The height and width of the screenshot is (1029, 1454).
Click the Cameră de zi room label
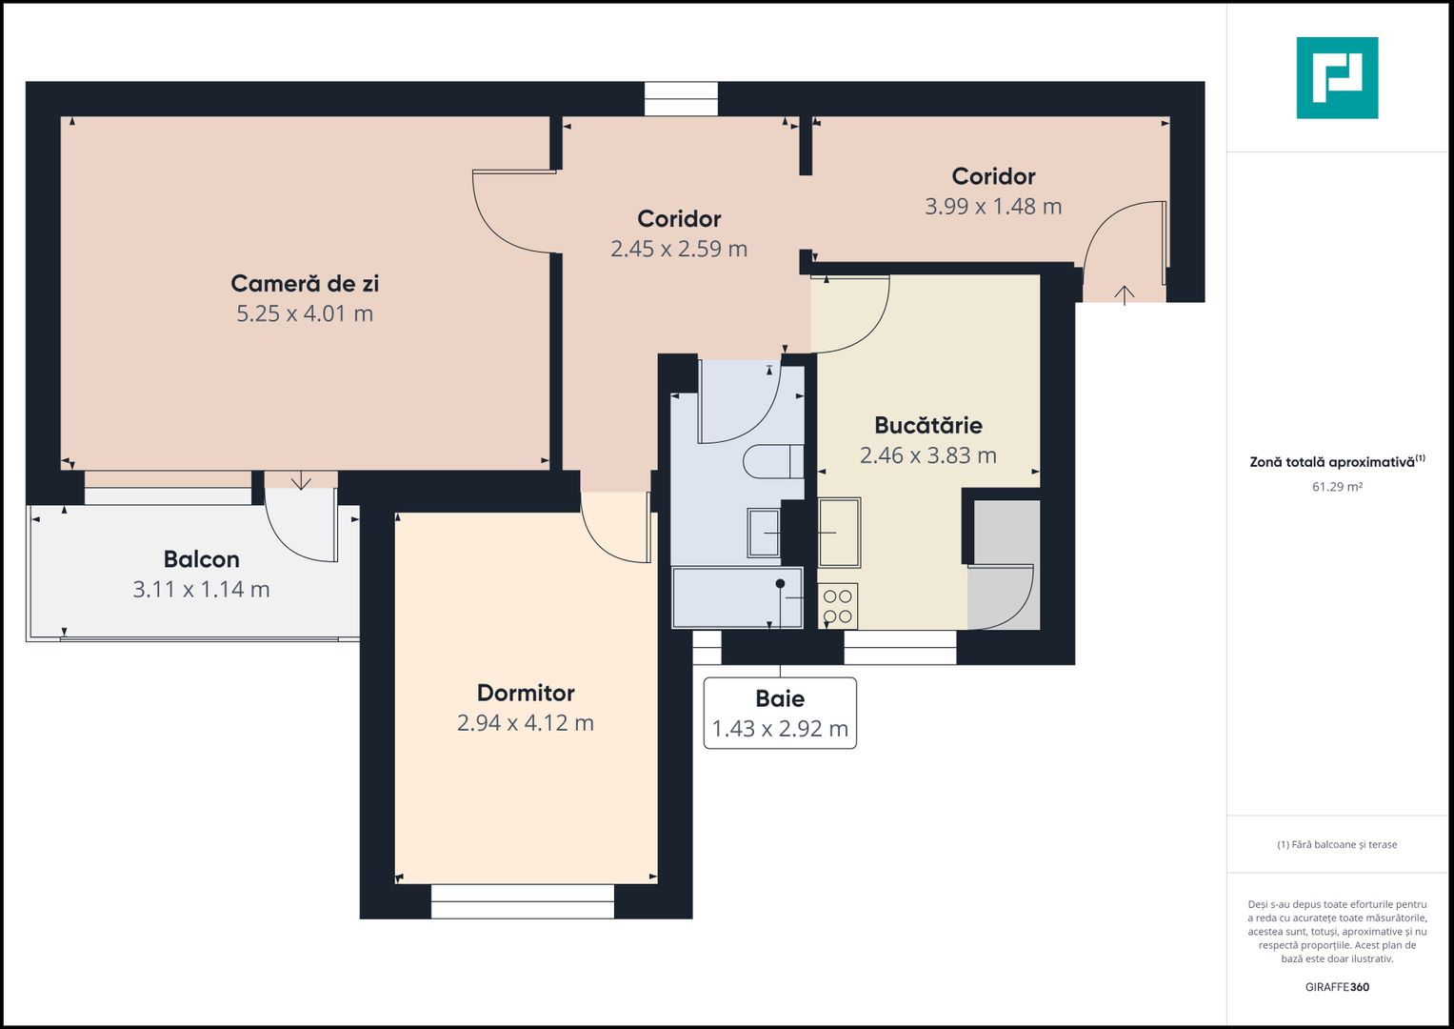[x=305, y=283]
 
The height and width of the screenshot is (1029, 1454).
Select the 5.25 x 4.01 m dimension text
[x=305, y=313]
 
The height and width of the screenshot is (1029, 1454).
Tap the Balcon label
[x=201, y=559]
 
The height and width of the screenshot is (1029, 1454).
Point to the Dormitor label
[x=526, y=693]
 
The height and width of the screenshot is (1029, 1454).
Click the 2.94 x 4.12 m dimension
[x=526, y=723]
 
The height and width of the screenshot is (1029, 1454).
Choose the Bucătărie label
[x=928, y=425]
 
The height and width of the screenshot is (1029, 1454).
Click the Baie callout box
[x=780, y=713]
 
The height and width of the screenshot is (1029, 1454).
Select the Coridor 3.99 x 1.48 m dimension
[x=993, y=207]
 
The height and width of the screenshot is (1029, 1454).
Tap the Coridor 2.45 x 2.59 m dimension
[x=679, y=249]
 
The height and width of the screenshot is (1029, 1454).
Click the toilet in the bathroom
[x=772, y=462]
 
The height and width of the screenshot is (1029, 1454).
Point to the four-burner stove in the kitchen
[x=838, y=606]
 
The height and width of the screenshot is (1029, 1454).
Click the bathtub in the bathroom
[x=737, y=597]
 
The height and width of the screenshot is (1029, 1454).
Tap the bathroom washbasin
[x=763, y=533]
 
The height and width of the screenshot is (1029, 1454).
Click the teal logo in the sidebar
[x=1337, y=78]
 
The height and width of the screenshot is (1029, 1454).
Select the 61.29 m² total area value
[x=1337, y=487]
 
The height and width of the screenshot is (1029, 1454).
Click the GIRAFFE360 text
[x=1337, y=987]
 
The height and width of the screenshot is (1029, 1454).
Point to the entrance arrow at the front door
[x=1125, y=294]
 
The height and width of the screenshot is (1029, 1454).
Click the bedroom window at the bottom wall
[x=523, y=901]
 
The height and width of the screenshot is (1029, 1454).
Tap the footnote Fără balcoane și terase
[x=1337, y=844]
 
